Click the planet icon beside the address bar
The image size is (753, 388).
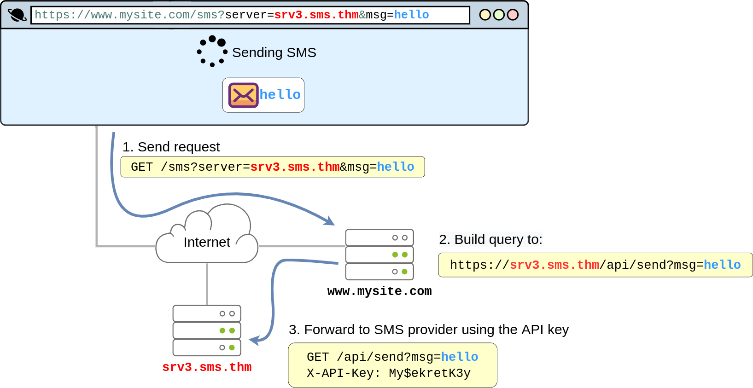[x=17, y=15]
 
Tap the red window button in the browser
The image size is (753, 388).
[x=513, y=15]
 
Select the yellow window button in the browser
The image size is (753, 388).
[x=485, y=15]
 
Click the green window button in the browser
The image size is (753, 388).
[x=499, y=15]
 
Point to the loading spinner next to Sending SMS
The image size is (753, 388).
[x=212, y=52]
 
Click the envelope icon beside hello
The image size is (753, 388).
[x=243, y=95]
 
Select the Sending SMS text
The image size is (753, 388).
[x=274, y=52]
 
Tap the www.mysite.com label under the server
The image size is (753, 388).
[x=379, y=291]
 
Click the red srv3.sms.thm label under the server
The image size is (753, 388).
[x=207, y=367]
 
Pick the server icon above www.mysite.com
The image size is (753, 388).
[x=379, y=255]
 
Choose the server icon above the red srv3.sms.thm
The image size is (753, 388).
[x=207, y=330]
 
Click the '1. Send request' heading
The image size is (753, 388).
[x=171, y=147]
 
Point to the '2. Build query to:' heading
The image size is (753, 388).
[x=490, y=239]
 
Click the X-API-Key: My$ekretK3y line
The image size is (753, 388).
[x=389, y=373]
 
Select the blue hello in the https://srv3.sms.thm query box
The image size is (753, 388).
[x=722, y=265]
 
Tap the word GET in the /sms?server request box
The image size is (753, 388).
[x=141, y=167]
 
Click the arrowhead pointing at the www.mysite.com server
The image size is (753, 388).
[x=330, y=221]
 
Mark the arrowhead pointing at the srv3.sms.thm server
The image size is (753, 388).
[x=254, y=341]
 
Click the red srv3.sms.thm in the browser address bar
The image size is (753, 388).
[x=316, y=15]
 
